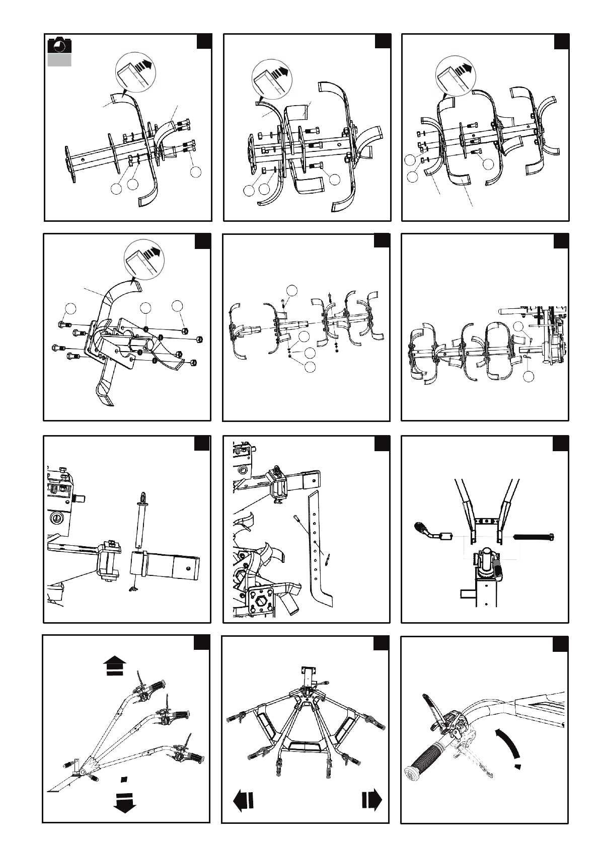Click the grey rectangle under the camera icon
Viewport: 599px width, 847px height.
(x=59, y=60)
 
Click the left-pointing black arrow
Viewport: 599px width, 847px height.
(x=243, y=800)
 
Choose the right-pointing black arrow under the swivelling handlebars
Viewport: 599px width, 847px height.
(x=371, y=800)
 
